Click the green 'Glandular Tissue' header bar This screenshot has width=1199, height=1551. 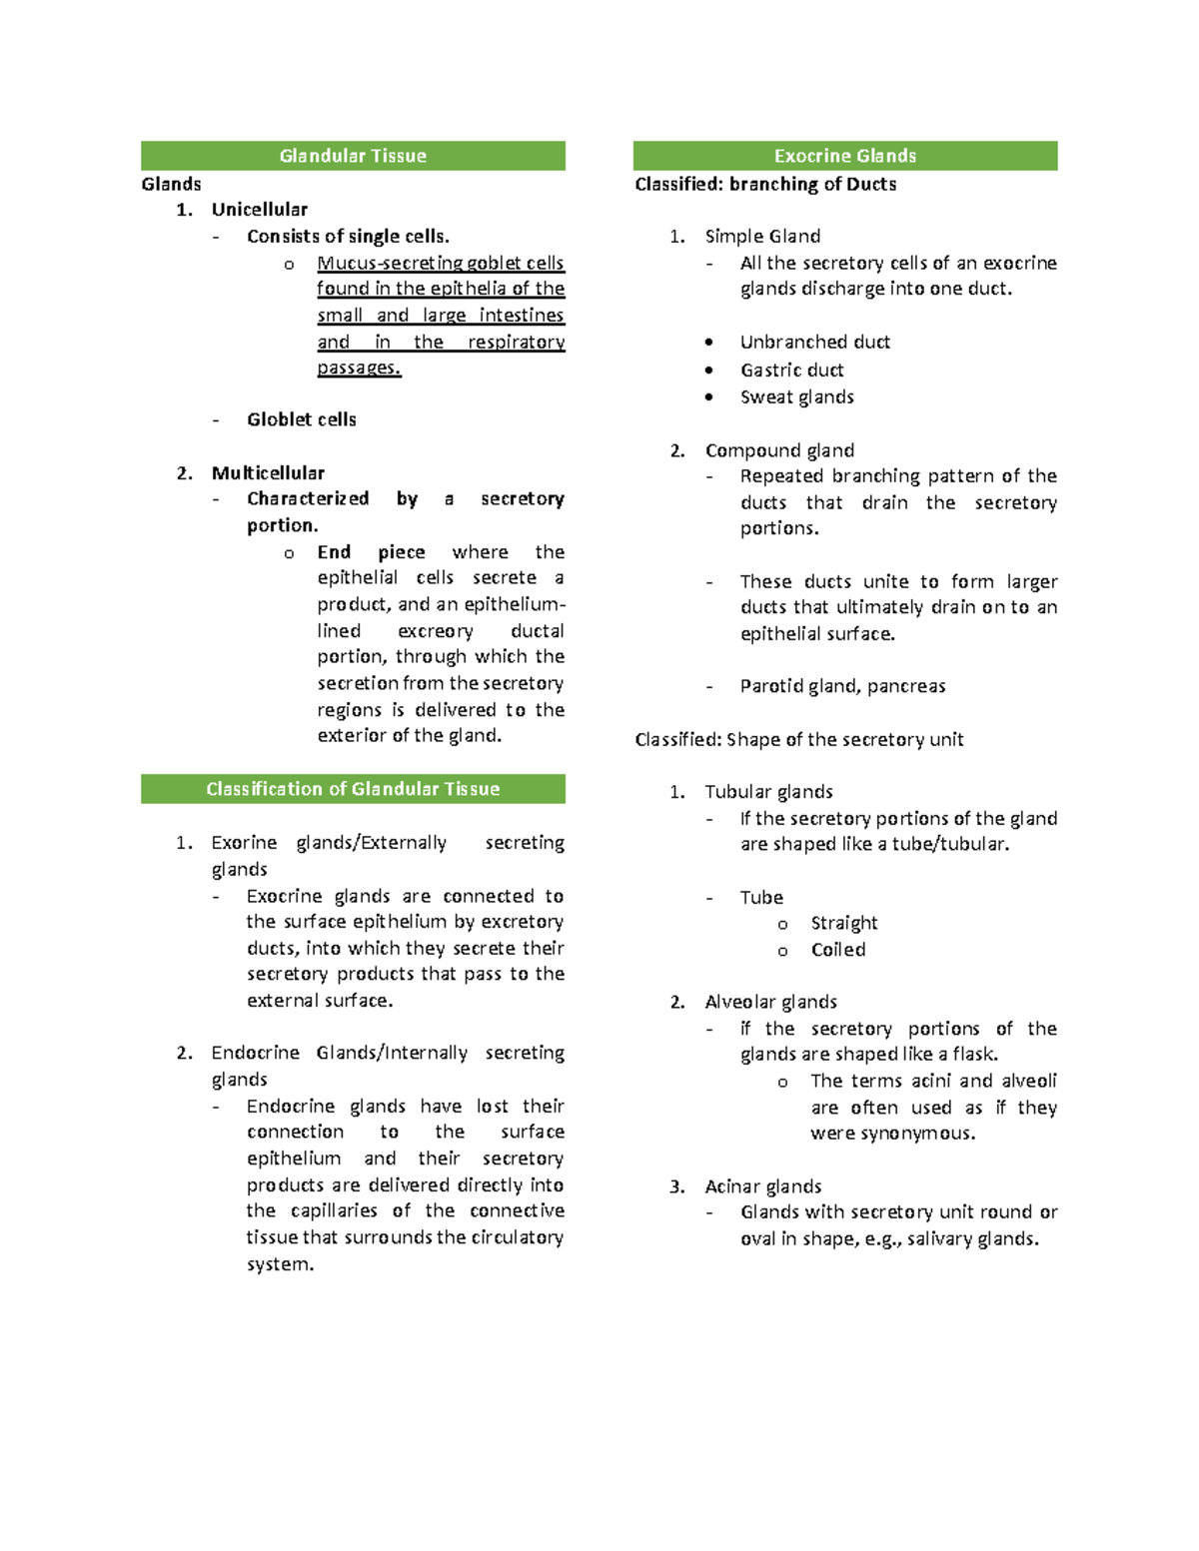coord(353,156)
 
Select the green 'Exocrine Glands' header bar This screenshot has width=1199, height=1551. coord(844,156)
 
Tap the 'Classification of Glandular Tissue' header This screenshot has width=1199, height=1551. coord(353,789)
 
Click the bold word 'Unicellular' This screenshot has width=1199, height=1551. coord(259,210)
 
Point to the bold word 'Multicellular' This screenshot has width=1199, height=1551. coord(268,472)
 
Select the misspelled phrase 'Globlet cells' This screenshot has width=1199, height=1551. coord(301,419)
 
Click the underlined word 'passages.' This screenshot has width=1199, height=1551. coord(359,368)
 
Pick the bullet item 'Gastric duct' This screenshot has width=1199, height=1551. coord(791,370)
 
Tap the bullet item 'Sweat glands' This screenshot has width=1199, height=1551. coord(796,396)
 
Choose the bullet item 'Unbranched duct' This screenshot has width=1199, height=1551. coord(814,342)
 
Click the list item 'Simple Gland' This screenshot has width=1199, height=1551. coord(762,236)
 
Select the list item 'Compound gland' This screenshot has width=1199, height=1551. coord(779,450)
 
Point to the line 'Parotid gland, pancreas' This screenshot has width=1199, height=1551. coord(842,686)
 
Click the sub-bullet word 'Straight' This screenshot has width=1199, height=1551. coord(843,923)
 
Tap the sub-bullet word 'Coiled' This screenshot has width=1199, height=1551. coord(837,950)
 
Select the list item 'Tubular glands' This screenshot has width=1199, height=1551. coord(768,792)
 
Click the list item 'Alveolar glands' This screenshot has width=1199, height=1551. coord(770,1002)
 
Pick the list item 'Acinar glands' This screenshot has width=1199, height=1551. coord(762,1186)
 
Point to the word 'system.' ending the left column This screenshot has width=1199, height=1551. coord(280,1264)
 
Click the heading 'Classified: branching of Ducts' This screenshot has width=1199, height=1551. coord(765,184)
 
